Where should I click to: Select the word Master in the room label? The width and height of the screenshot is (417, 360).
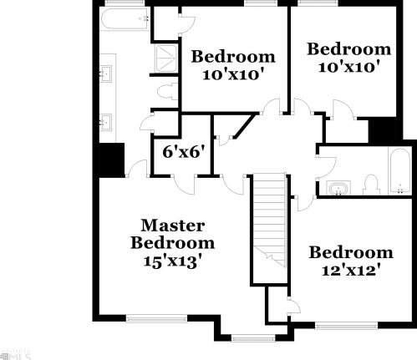tap(173, 225)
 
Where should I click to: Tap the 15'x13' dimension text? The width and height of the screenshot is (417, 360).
tap(172, 260)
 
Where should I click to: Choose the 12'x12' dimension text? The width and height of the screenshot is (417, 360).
tap(350, 271)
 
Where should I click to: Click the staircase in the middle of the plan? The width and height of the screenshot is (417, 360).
tap(268, 221)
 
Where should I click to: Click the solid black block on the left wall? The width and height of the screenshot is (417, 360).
tap(109, 159)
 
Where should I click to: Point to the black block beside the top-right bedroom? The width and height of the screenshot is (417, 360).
tap(384, 130)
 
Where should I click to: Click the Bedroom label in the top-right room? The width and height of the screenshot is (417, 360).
tap(348, 49)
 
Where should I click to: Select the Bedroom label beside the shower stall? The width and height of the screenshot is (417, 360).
tap(233, 57)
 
